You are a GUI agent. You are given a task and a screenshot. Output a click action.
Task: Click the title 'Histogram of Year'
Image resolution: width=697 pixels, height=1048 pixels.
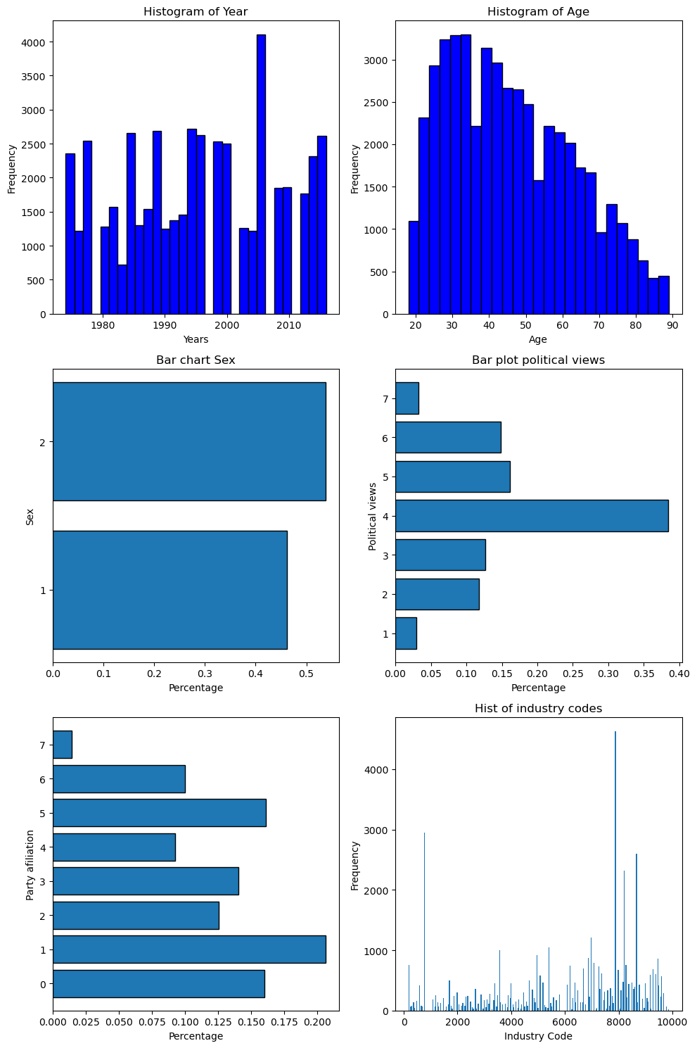tap(196, 11)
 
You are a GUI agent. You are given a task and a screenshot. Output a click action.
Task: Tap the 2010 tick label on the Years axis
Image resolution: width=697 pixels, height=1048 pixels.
tap(288, 325)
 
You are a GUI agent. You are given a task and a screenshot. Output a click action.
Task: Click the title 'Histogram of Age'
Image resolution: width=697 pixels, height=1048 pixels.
tap(538, 11)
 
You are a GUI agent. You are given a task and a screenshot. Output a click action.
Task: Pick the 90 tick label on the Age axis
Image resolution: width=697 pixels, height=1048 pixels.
tap(673, 325)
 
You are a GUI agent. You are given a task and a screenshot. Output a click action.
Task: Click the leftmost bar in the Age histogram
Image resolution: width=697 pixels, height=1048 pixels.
tap(414, 267)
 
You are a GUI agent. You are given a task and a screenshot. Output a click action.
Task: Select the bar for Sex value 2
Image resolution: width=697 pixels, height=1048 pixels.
tap(189, 441)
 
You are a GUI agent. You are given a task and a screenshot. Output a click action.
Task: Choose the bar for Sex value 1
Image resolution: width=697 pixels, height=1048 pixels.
tap(170, 590)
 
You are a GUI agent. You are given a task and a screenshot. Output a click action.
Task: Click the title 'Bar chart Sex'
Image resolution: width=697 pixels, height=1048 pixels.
tap(196, 360)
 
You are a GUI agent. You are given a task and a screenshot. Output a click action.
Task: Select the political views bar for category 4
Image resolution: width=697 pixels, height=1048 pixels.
tap(532, 516)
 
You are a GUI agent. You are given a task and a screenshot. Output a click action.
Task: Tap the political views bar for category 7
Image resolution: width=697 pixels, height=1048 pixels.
tap(407, 398)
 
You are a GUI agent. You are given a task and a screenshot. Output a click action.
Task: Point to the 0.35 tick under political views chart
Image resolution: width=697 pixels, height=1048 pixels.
tap(644, 674)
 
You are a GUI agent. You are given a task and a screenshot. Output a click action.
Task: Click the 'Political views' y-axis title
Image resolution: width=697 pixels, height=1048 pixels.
tap(373, 516)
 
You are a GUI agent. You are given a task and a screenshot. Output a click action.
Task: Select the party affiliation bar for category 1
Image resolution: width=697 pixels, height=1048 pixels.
tap(189, 949)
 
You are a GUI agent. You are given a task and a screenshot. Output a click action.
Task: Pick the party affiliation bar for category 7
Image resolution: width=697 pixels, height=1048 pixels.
tap(63, 745)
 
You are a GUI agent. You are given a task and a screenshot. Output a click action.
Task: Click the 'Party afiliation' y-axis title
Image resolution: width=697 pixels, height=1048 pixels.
tap(30, 864)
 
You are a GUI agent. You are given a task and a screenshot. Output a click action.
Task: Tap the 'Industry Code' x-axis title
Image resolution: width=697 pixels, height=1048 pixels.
tap(538, 1036)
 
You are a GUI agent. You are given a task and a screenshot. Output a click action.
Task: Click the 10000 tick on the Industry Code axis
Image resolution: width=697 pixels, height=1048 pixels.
tap(672, 1022)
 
